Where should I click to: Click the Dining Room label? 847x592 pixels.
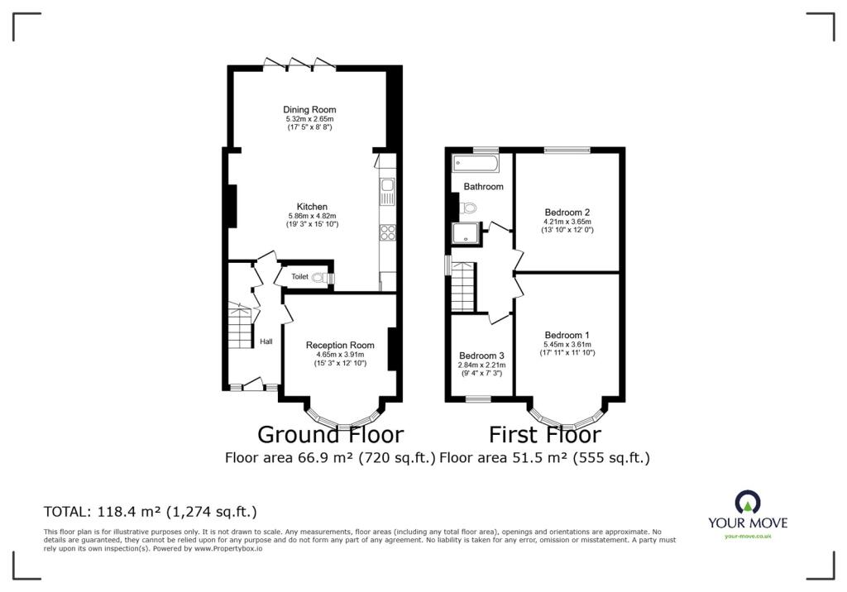coord(309,109)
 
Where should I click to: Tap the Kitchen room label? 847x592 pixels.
coord(312,207)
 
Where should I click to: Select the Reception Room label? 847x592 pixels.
coord(340,345)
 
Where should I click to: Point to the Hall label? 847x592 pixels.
coord(266,341)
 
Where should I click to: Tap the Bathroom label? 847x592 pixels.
coord(483,187)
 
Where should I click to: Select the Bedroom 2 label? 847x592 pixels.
coord(567,211)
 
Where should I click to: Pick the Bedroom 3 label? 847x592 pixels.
coord(481,356)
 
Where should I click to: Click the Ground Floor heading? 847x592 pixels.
coord(330,434)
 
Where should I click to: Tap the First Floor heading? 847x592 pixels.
coord(544,434)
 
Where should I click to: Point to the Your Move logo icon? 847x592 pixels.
coord(747,502)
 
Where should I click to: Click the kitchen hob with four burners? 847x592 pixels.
coord(386,232)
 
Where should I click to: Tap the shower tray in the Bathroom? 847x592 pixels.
coord(467,234)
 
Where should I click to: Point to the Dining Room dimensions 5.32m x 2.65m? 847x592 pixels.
coord(309,119)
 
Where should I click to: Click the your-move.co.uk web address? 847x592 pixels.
coord(748,536)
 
